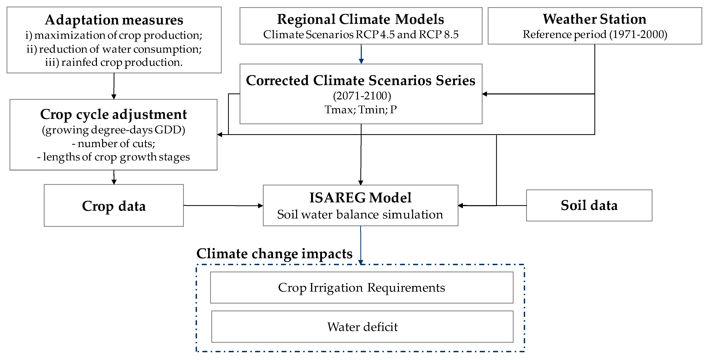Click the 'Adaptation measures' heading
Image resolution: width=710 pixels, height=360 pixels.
tap(114, 20)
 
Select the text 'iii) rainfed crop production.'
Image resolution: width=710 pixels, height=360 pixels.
tap(114, 63)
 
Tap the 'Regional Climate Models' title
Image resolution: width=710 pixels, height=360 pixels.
tap(361, 19)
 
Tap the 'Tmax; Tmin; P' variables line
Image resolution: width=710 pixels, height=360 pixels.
tap(361, 110)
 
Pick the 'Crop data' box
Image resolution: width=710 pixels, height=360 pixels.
tap(114, 206)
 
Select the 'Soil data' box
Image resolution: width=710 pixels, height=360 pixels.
tap(589, 206)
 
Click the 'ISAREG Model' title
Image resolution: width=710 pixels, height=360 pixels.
tap(360, 198)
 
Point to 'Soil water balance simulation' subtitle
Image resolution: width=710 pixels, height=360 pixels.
tap(360, 214)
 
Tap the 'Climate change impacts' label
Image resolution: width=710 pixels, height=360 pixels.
tap(274, 254)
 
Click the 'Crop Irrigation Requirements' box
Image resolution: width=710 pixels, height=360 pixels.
tap(361, 288)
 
